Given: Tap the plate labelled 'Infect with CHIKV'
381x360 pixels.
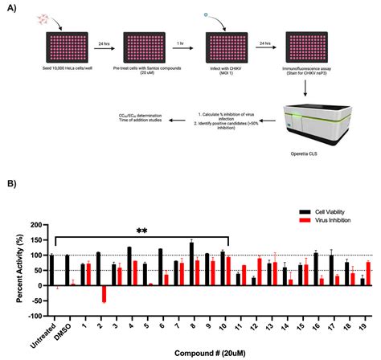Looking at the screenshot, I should click(x=227, y=46).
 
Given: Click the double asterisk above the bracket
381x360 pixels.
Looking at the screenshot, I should click(x=141, y=231).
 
